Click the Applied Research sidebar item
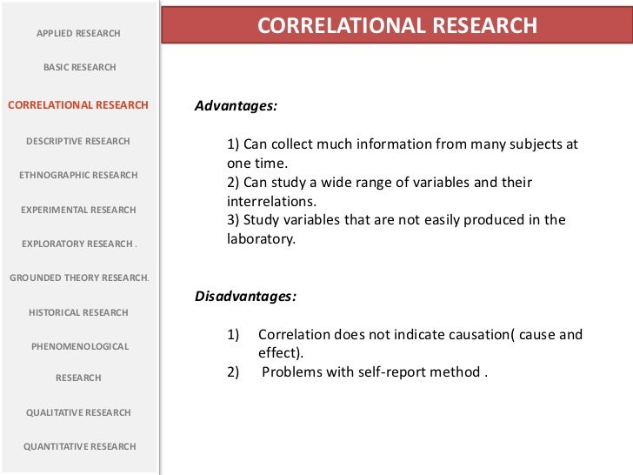point(78,33)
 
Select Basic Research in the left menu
point(79,67)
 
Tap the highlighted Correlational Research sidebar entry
point(78,105)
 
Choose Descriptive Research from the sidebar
point(78,141)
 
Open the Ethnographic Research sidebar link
point(78,175)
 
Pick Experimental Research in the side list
point(78,210)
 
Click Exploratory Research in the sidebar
point(78,244)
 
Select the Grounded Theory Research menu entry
point(79,278)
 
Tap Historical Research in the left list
point(78,312)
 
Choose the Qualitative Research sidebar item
point(78,412)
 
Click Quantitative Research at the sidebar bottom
point(79,446)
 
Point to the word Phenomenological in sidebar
point(79,346)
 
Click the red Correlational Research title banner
point(397,26)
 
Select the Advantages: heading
point(236,106)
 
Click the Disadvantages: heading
point(245,297)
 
